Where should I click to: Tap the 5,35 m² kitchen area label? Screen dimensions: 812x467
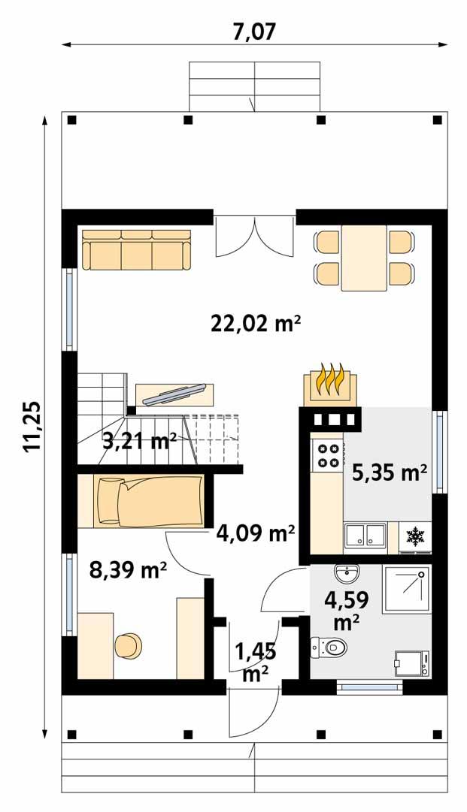point(390,472)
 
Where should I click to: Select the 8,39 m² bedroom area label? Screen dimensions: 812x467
point(128,571)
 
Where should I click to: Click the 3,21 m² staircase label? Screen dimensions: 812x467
point(139,440)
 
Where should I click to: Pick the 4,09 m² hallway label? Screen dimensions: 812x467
point(255,534)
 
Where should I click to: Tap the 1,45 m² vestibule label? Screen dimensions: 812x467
point(256,661)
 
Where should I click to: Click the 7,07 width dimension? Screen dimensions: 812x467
point(255,31)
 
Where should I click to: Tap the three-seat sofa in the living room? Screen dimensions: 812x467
point(136,250)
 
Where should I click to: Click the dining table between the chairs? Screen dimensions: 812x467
point(364,258)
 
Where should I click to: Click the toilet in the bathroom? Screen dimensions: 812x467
point(329,645)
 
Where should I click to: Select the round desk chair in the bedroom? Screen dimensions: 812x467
point(129,646)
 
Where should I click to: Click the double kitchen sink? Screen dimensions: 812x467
point(364,536)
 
